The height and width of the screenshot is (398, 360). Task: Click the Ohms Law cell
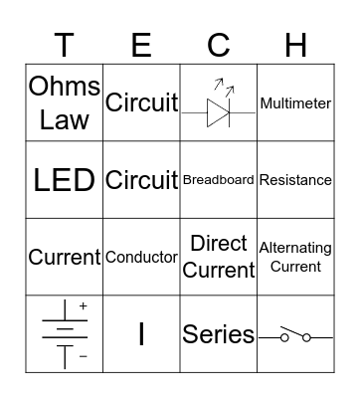point(65,103)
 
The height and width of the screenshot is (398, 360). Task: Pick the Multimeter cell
point(295,103)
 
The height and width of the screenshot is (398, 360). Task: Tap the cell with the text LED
point(65,180)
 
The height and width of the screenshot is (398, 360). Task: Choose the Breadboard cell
point(219,180)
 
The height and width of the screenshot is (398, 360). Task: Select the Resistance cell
point(295,180)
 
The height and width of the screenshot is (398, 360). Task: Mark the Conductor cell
point(142,257)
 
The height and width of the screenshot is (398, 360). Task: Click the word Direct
point(219,245)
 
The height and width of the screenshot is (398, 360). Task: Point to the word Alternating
point(295,248)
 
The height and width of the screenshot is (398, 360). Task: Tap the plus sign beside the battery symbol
point(83,306)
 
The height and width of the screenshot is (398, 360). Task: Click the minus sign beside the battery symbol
point(83,356)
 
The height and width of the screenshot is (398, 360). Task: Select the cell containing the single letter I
point(142,334)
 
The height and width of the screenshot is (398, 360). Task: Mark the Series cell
point(219,335)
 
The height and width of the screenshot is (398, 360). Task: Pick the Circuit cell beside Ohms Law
point(142,102)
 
